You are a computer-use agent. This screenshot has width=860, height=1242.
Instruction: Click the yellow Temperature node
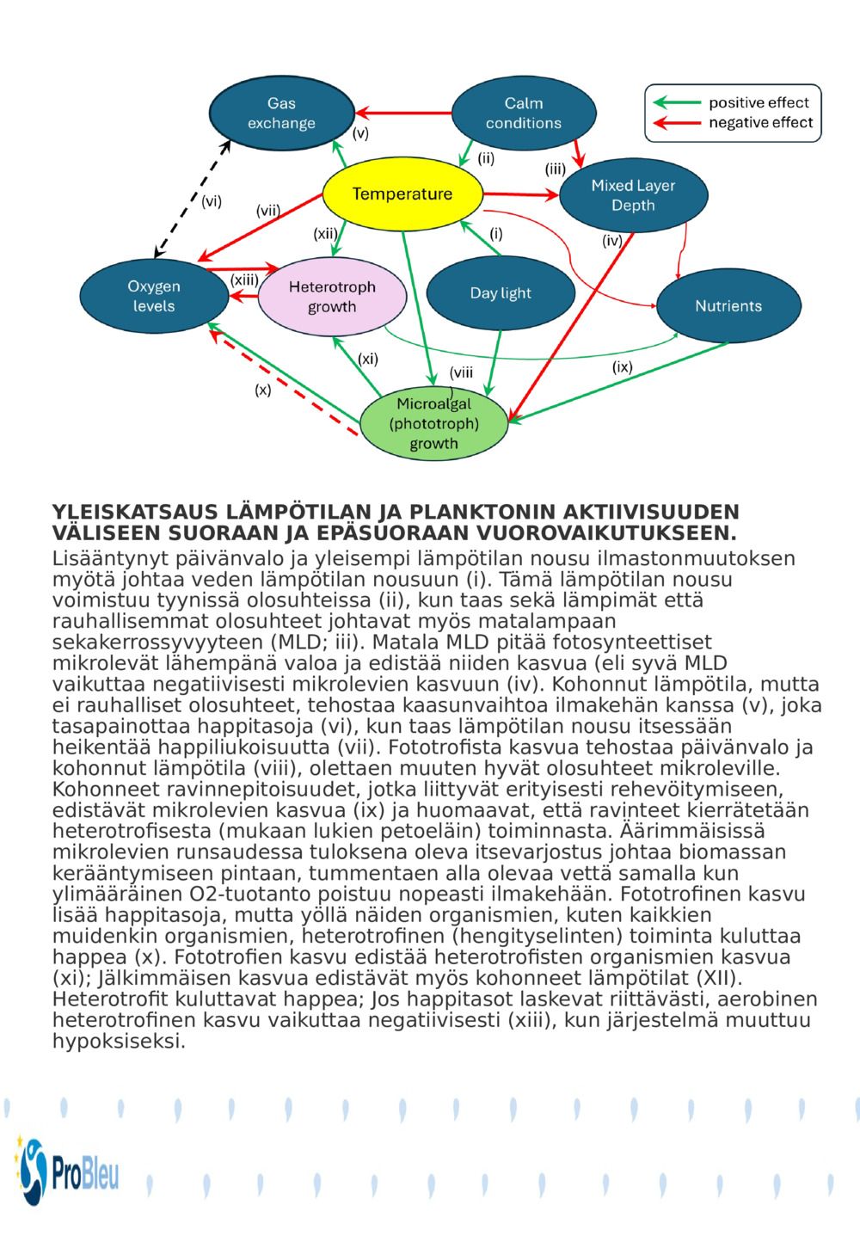click(402, 194)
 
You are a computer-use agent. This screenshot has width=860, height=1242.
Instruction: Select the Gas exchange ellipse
click(281, 114)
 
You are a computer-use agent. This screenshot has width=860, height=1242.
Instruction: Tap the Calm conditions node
click(523, 114)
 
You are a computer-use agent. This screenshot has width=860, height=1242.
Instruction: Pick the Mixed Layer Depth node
click(633, 195)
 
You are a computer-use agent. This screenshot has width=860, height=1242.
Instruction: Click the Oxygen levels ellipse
click(154, 296)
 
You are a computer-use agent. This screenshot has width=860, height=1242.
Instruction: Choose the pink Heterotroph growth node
click(332, 297)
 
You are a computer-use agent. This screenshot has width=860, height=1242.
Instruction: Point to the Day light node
click(500, 293)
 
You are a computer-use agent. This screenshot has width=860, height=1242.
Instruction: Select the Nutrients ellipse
click(728, 306)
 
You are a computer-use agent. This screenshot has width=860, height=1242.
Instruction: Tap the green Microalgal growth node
click(433, 424)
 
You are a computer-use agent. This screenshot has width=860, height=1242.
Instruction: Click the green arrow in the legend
click(677, 103)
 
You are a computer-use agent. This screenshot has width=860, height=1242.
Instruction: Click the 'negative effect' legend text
click(760, 123)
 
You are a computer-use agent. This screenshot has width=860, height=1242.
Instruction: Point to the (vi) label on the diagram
click(212, 201)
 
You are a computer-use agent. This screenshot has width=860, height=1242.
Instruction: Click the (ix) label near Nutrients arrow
click(622, 367)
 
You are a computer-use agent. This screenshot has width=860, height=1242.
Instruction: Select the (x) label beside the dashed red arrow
click(263, 390)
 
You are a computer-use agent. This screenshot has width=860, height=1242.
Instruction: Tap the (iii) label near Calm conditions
click(555, 169)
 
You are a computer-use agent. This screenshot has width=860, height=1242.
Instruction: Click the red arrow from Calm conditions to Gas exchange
click(404, 113)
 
